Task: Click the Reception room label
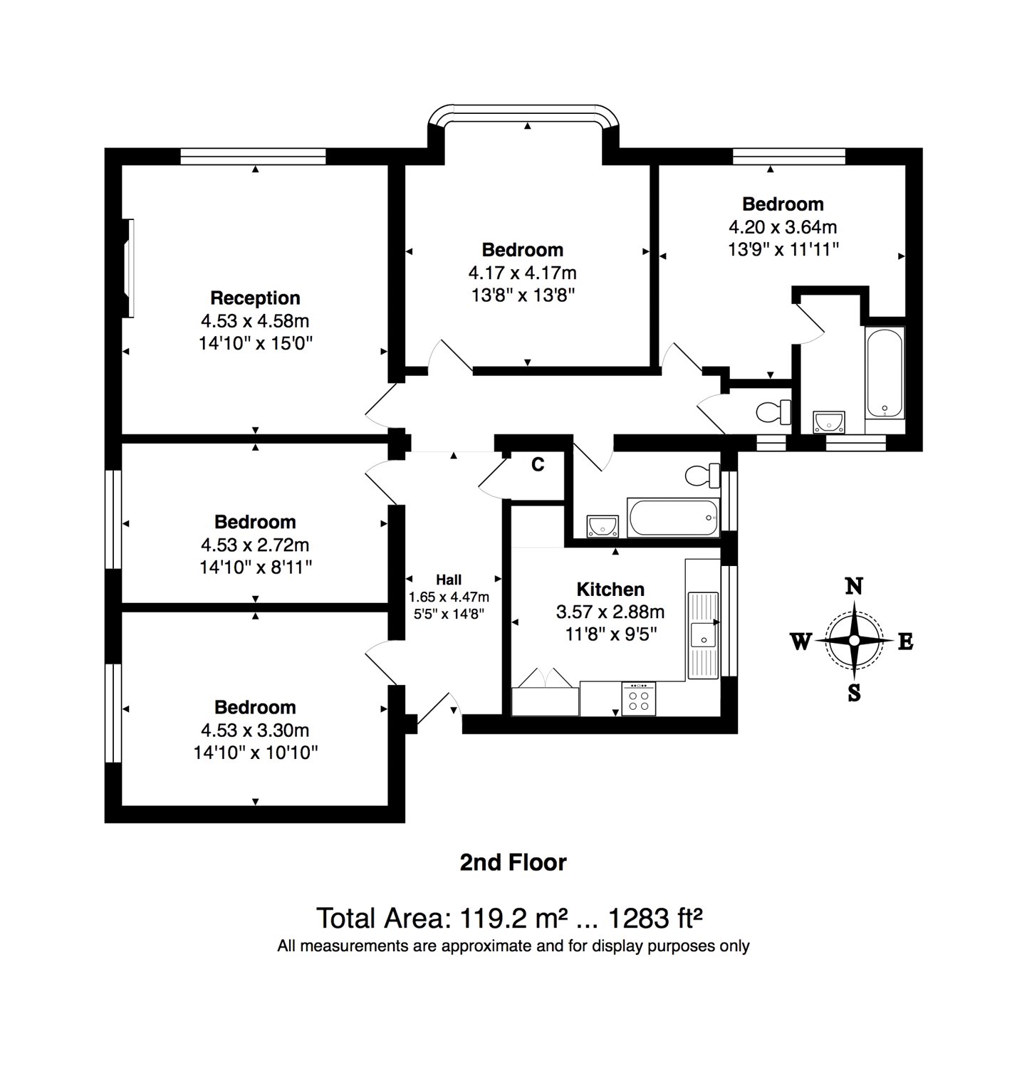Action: coord(255,298)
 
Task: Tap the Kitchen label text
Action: coord(610,589)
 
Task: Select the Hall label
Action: coord(449,580)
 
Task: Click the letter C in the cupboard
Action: coord(538,465)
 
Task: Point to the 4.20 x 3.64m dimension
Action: coord(782,227)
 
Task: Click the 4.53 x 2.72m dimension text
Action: coord(255,545)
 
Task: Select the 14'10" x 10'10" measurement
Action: coord(255,753)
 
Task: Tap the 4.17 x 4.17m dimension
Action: coord(522,273)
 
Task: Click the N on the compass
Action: coord(854,586)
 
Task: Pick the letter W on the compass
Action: coord(801,642)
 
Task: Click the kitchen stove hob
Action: coord(639,698)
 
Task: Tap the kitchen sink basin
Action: coord(702,633)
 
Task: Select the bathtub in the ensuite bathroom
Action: coord(885,372)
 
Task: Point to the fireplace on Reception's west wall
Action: coord(128,268)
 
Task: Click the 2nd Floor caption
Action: coord(513,862)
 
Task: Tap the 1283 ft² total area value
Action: coord(655,918)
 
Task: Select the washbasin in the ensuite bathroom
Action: coord(828,422)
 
